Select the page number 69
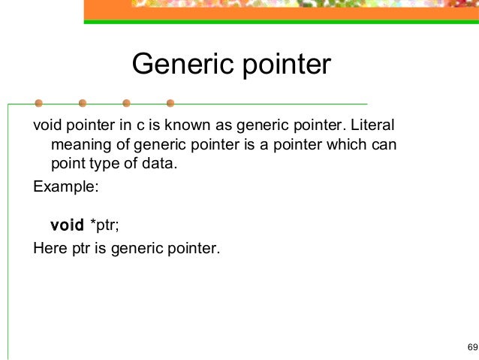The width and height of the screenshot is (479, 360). pos(471,346)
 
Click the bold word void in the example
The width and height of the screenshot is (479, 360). pos(67,225)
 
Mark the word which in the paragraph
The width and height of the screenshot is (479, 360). pos(347,144)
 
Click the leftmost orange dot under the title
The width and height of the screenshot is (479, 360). pos(38,103)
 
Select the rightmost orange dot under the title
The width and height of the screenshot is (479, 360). pos(170,103)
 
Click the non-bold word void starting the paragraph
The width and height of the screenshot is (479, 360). pos(47,123)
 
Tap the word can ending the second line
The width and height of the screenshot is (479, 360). pos(384,144)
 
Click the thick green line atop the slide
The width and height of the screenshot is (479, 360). pos(281,22)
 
